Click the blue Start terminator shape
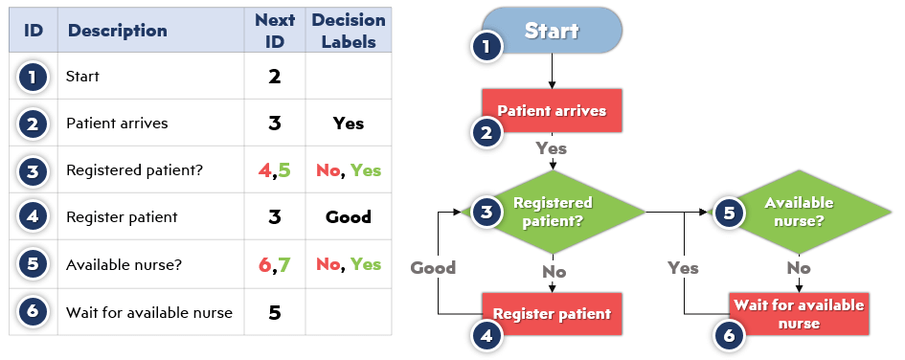(x=552, y=30)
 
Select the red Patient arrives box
(x=552, y=110)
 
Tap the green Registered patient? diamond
(x=553, y=211)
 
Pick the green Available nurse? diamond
(x=799, y=211)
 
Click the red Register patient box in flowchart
(x=552, y=313)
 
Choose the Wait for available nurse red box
(x=799, y=313)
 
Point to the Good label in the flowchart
(x=433, y=267)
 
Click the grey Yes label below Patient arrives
(x=552, y=148)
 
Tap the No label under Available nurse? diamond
(x=799, y=269)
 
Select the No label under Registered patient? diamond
(x=554, y=271)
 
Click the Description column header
(x=118, y=31)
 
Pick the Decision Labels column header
(x=349, y=31)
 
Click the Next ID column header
(x=275, y=31)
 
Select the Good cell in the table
(x=349, y=216)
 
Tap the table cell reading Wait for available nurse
(x=148, y=312)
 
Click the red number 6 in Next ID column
(x=265, y=264)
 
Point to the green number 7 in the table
(x=283, y=264)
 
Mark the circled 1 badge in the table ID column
(x=34, y=77)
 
